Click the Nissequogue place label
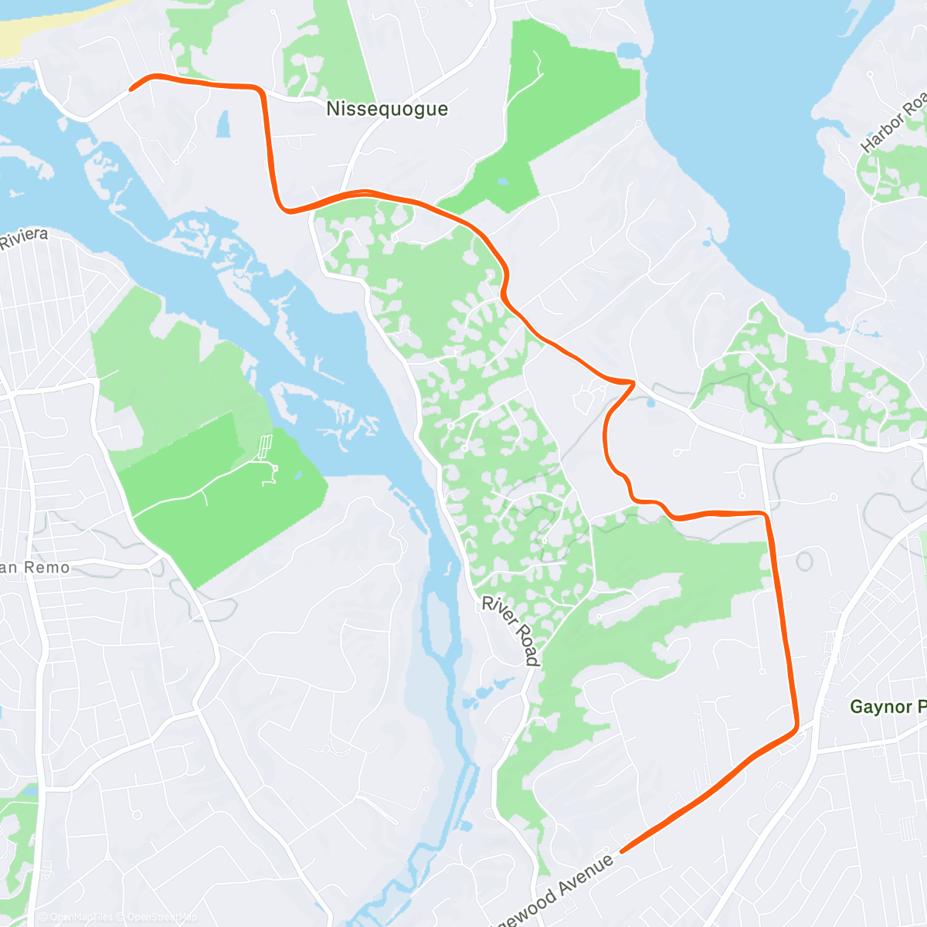click(x=387, y=109)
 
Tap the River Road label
click(x=511, y=630)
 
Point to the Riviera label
click(x=23, y=239)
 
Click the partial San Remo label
click(x=35, y=568)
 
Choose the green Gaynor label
click(x=887, y=707)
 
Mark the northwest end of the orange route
click(x=131, y=90)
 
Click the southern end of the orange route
click(x=623, y=851)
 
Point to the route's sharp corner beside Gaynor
click(x=796, y=727)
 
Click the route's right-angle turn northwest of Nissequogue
click(x=261, y=91)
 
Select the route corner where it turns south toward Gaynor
click(x=766, y=514)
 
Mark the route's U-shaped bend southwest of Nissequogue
click(x=286, y=209)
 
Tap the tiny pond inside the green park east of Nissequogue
click(x=503, y=182)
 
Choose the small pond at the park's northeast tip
click(x=628, y=51)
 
